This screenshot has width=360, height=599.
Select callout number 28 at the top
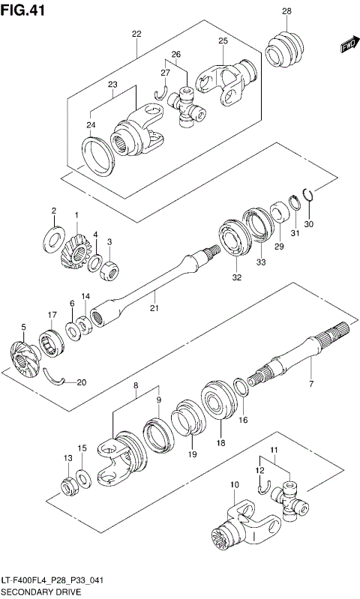pyautogui.click(x=286, y=10)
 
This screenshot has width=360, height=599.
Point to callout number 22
pyautogui.click(x=136, y=34)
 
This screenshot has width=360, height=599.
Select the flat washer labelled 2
pyautogui.click(x=55, y=238)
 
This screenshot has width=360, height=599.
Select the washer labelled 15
pyautogui.click(x=83, y=477)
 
